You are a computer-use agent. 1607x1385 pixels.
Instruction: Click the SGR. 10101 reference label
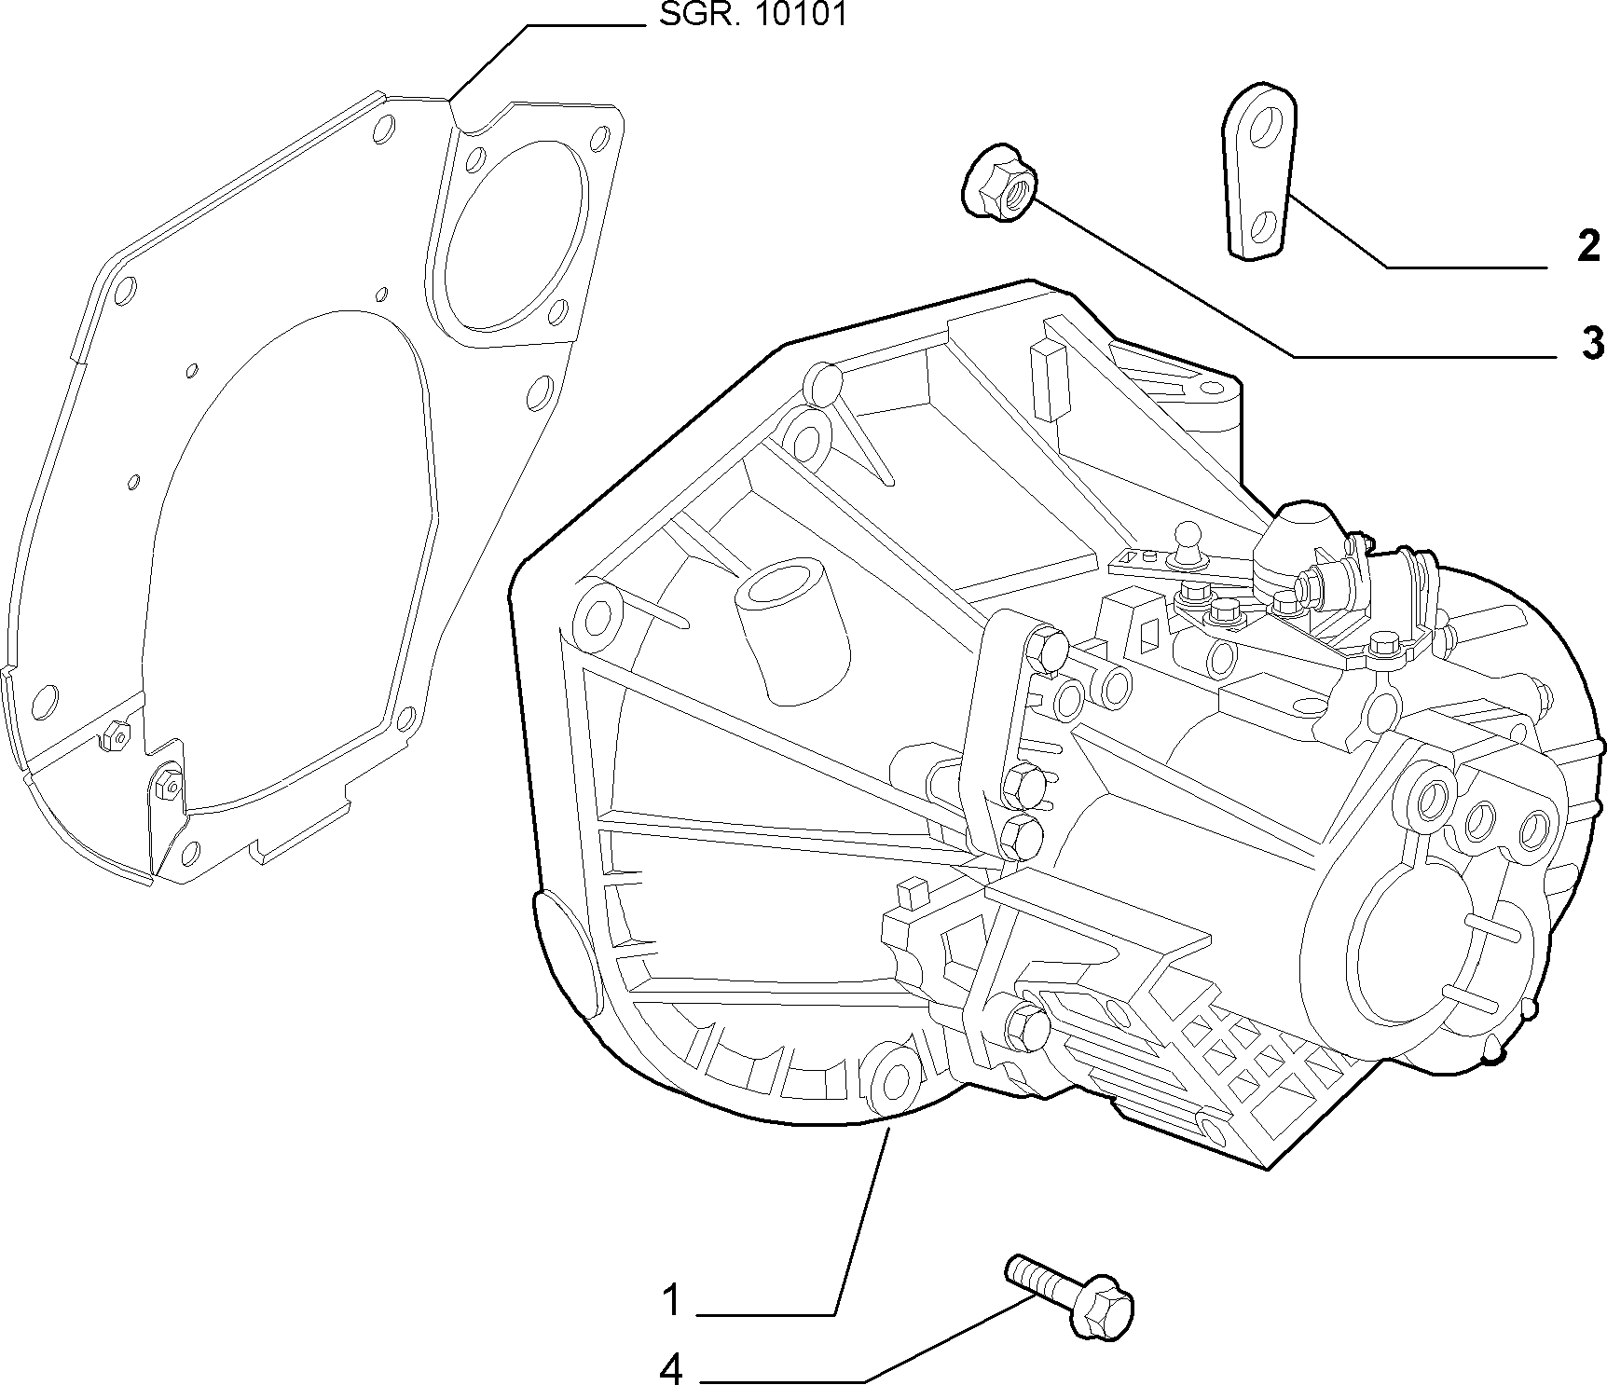[x=753, y=15]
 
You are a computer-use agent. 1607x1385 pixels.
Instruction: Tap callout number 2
[x=1588, y=247]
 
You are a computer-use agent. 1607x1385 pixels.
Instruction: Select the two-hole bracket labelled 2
[x=1257, y=171]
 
